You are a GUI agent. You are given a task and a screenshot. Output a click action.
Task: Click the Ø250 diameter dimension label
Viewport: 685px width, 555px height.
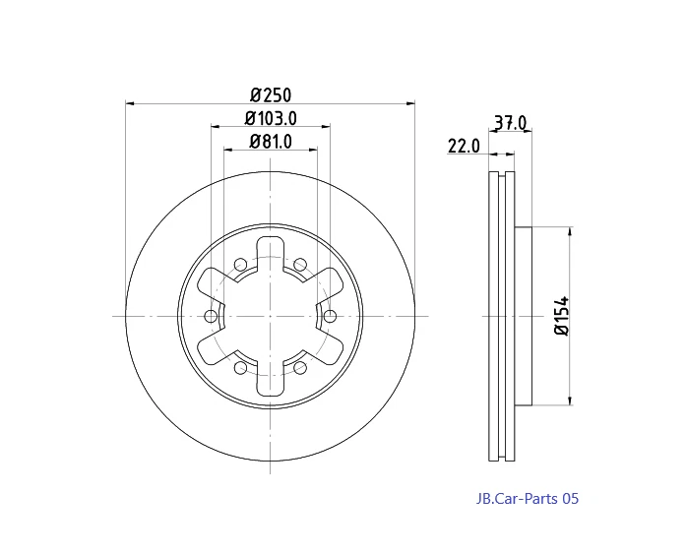point(271,94)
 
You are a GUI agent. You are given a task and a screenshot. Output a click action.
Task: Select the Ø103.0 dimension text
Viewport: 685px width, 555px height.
point(271,118)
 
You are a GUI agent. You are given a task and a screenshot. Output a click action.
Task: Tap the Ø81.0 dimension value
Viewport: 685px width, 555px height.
point(271,142)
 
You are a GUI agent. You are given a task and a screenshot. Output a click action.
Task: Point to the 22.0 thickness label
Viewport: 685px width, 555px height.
point(463,146)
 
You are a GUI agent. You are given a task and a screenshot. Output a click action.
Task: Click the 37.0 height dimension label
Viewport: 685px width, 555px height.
point(510,124)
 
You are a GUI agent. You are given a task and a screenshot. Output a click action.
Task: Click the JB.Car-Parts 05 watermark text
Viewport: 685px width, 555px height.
point(523,499)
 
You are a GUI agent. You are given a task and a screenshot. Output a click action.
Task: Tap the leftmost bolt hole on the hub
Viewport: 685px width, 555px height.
point(211,316)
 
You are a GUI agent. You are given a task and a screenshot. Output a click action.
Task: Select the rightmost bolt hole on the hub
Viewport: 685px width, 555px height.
point(330,316)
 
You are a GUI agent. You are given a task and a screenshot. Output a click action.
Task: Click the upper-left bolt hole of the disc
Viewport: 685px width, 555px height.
point(240,264)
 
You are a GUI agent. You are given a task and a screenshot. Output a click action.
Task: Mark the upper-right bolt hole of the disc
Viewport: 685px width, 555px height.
point(300,264)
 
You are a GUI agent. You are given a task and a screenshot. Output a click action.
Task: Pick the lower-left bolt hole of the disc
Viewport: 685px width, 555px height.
point(240,367)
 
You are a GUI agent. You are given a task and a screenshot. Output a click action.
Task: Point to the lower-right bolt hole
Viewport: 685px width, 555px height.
point(300,367)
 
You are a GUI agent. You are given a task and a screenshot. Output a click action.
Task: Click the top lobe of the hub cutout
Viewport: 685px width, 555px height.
point(271,247)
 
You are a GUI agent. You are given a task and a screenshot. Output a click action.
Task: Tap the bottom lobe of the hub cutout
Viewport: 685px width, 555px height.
point(271,385)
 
